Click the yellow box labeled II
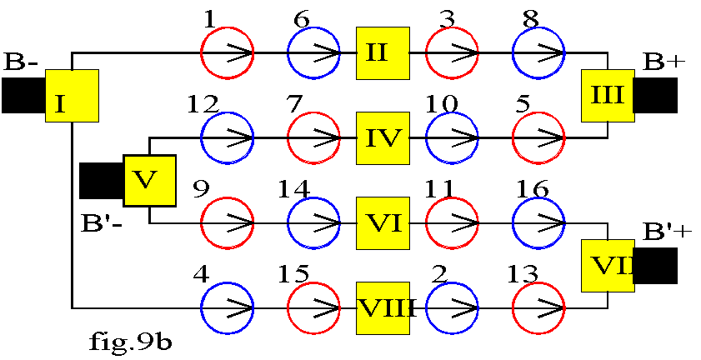(x=383, y=53)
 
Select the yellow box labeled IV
(x=383, y=138)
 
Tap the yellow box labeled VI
(x=383, y=223)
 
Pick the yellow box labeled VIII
(x=383, y=308)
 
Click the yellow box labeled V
(x=150, y=181)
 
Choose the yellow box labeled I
(x=72, y=96)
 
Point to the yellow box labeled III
(x=608, y=96)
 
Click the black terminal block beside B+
(x=656, y=95)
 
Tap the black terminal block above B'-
(x=102, y=181)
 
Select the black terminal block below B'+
(x=656, y=266)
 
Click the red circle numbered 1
(x=227, y=52)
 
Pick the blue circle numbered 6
(x=314, y=52)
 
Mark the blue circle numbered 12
(x=227, y=138)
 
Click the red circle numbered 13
(x=538, y=308)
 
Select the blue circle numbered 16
(x=538, y=223)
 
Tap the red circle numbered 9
(x=227, y=223)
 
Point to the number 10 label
(x=442, y=104)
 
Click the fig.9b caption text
(x=130, y=344)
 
